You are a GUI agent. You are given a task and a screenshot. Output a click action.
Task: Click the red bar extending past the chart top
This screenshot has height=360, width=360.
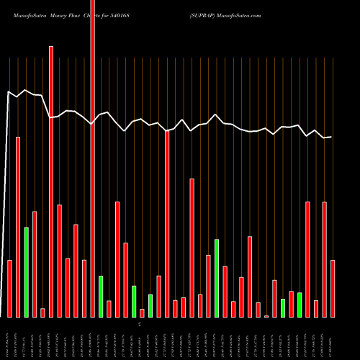click(92, 144)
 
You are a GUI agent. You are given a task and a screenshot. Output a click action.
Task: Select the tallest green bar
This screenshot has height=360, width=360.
click(26, 272)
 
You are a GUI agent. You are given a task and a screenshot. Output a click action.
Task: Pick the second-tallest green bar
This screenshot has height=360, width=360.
click(217, 278)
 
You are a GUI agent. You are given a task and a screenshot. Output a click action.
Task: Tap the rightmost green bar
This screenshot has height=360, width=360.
click(300, 305)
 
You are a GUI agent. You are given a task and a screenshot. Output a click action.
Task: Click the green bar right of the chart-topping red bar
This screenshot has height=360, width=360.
click(101, 296)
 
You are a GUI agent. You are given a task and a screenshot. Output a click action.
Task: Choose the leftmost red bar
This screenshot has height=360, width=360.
click(9, 288)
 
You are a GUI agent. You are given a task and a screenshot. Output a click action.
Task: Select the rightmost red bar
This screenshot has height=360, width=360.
click(333, 288)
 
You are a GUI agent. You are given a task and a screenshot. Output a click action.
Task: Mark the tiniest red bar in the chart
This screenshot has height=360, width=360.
click(266, 316)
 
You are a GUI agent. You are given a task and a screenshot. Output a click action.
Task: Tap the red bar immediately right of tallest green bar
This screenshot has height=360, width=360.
click(35, 264)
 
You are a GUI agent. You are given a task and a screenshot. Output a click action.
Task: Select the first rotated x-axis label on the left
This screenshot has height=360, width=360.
click(9, 338)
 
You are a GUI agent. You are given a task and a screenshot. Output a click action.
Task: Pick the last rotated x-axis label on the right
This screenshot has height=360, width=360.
click(333, 338)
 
